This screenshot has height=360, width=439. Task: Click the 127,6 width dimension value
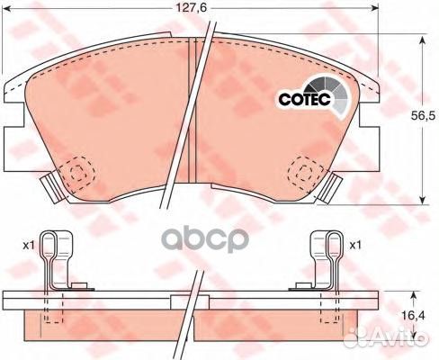coord(192,8)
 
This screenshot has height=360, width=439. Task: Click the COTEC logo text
coord(304,99)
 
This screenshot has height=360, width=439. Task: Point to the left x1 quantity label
coord(29,246)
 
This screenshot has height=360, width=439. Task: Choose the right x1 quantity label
coord(355,246)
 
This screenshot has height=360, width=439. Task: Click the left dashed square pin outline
coord(76,172)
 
